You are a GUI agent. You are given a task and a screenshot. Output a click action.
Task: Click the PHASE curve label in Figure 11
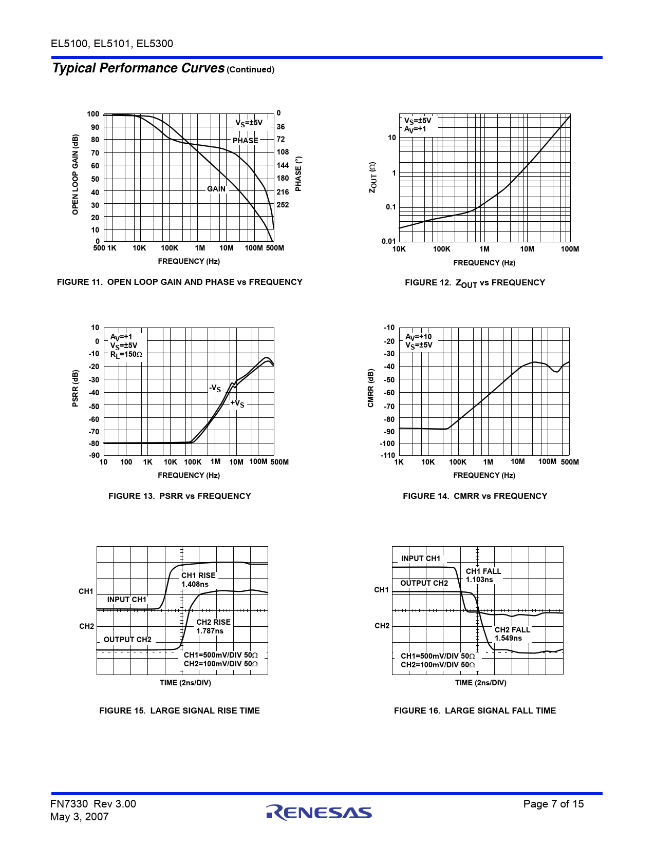[245, 141]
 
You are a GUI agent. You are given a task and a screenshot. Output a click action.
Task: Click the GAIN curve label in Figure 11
[216, 189]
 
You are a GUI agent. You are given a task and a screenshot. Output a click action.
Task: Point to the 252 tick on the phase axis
[283, 205]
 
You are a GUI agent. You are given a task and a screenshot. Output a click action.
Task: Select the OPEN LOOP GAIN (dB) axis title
[76, 175]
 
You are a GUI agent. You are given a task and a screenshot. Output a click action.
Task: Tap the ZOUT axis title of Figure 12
[373, 178]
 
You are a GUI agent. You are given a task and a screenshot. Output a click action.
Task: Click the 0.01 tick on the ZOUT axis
[389, 241]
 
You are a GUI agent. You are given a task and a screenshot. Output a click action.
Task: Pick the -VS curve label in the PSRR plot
[215, 389]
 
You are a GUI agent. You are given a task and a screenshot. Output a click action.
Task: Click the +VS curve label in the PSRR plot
[237, 403]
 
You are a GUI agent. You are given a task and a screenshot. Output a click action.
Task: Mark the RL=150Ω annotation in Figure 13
[126, 354]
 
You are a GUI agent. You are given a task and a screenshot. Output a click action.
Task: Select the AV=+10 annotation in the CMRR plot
[419, 337]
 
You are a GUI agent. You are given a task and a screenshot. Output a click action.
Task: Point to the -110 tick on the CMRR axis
[388, 455]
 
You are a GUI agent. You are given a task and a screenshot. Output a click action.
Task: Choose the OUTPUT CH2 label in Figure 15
[127, 640]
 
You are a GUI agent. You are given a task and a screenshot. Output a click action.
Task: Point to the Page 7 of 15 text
[553, 804]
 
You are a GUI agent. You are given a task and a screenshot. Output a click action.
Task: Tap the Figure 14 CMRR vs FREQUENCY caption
[475, 496]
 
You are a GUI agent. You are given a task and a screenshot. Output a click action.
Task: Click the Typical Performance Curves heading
[139, 68]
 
